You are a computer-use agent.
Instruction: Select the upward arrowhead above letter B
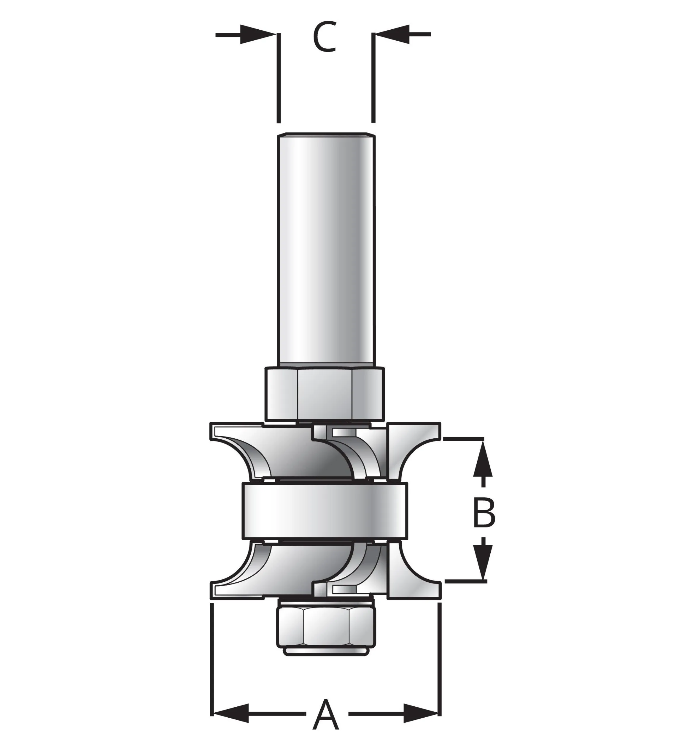pyautogui.click(x=483, y=457)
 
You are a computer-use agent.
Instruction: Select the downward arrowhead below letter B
pyautogui.click(x=483, y=570)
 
